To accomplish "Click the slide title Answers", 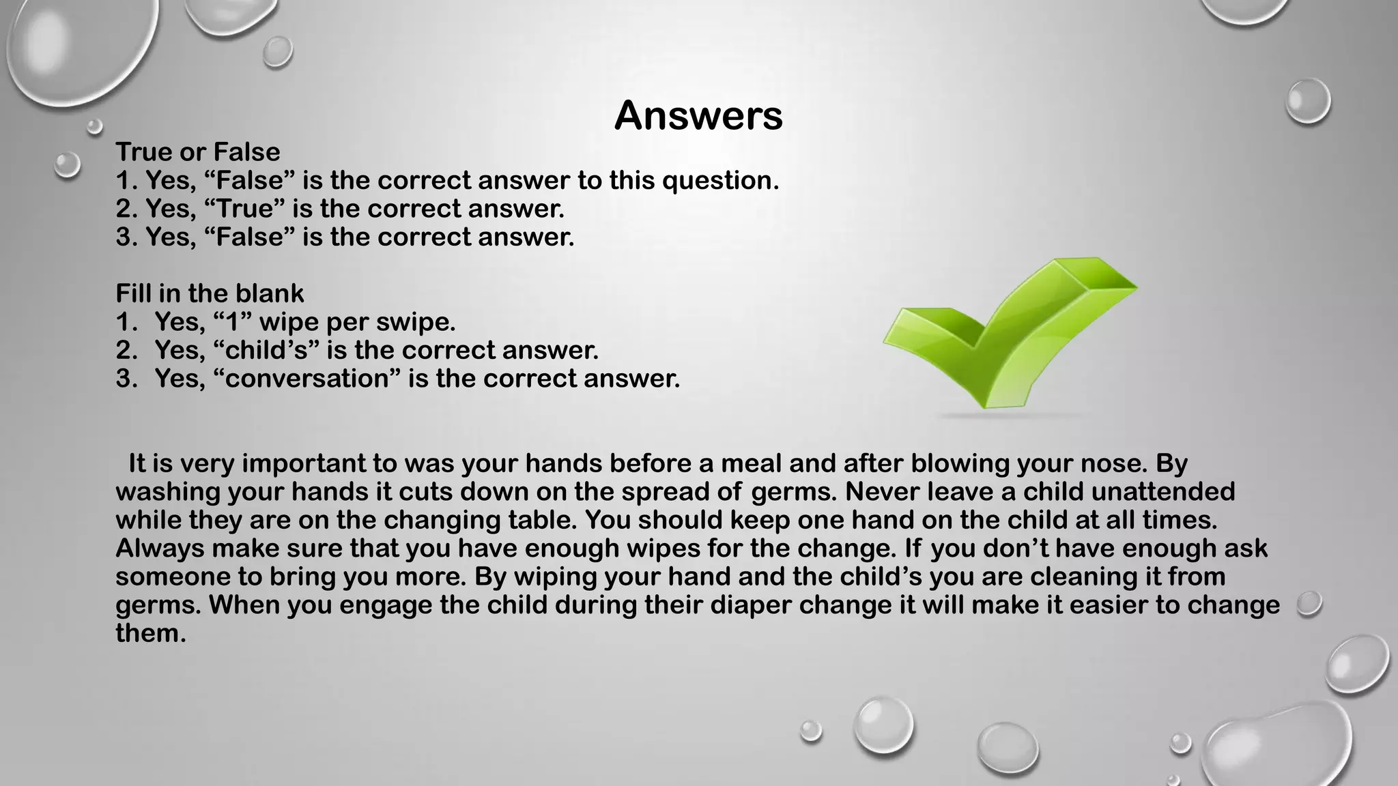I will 698,116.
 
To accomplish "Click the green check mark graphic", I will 1010,334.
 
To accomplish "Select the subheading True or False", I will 198,151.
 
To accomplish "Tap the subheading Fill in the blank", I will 210,293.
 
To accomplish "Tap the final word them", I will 150,633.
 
